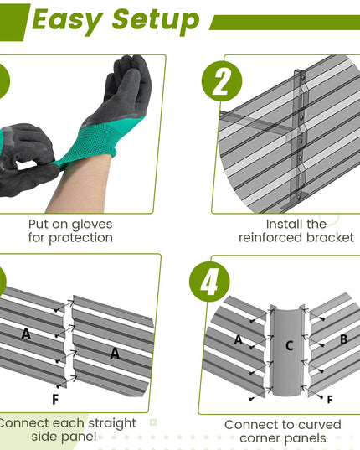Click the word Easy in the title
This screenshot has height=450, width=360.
[x=67, y=20]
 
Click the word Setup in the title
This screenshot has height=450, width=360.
[x=156, y=21]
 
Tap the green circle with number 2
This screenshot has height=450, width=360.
[x=222, y=81]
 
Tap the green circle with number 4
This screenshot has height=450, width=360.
[x=209, y=282]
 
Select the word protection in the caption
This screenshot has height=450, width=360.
[x=81, y=238]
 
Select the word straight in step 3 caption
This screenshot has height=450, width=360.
[x=112, y=423]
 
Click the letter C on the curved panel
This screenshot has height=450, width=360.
[x=290, y=345]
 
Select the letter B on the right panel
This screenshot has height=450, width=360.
[x=343, y=339]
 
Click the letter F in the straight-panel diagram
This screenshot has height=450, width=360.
[x=55, y=399]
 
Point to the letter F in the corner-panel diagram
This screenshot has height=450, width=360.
[x=330, y=399]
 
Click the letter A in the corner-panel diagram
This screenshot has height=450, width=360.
[x=238, y=339]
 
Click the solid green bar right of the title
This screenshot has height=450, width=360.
[x=285, y=23]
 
